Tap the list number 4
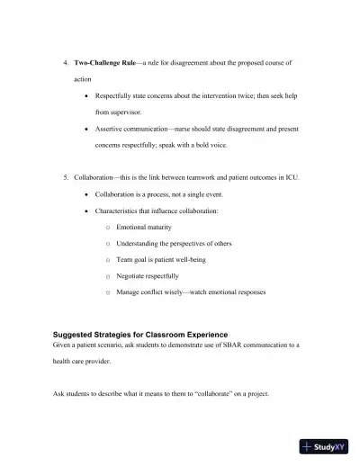(65, 64)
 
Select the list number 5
(65, 177)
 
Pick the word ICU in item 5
(292, 177)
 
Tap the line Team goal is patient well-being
(162, 259)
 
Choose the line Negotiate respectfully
(148, 275)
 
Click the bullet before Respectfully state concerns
(85, 95)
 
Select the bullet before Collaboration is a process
(85, 193)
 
